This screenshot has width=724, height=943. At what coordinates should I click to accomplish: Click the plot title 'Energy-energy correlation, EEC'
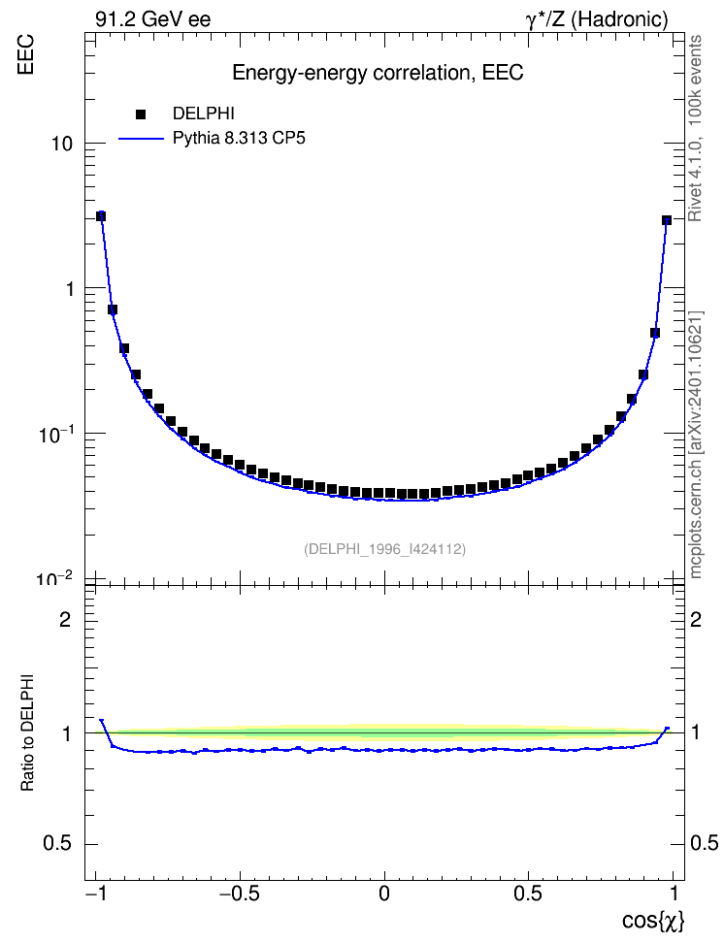(378, 73)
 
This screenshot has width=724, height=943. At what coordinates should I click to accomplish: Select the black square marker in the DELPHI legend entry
(141, 114)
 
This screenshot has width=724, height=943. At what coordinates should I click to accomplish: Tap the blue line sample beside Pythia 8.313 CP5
(141, 139)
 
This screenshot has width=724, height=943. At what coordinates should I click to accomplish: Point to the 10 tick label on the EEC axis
(62, 144)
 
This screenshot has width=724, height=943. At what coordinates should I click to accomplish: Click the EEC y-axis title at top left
(25, 54)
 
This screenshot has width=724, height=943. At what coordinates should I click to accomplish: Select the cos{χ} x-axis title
(653, 920)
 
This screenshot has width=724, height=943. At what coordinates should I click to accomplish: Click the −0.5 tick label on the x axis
(240, 894)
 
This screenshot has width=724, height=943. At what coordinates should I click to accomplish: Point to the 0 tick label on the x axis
(384, 894)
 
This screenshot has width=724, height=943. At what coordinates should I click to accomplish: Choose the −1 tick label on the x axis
(96, 894)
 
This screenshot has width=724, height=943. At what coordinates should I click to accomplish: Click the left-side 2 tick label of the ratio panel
(65, 619)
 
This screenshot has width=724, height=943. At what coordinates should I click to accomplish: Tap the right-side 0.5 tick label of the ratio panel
(705, 843)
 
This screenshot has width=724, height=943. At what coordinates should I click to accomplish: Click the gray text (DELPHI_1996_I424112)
(384, 549)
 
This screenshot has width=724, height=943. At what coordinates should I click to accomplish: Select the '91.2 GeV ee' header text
(153, 19)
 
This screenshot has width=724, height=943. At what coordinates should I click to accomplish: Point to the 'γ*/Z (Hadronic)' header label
(597, 19)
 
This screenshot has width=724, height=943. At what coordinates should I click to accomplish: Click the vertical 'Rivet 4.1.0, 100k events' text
(695, 129)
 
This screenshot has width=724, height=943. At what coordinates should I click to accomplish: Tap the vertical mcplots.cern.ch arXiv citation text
(695, 444)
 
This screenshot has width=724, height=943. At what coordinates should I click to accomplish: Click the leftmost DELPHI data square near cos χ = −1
(101, 216)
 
